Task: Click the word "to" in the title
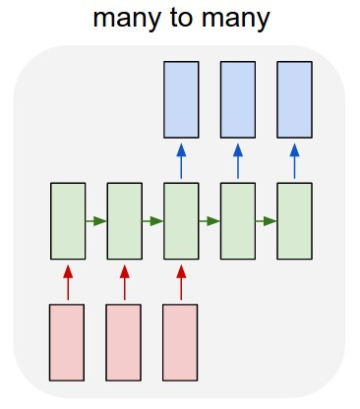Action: [x=182, y=18]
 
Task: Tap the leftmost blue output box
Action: [x=181, y=99]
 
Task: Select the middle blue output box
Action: [x=238, y=99]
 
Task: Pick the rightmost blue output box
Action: [x=294, y=99]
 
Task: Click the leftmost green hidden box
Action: [x=68, y=221]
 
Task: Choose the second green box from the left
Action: [x=125, y=221]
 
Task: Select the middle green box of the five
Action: [x=181, y=221]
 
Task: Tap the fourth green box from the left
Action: [x=238, y=221]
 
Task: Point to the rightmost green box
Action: [x=294, y=221]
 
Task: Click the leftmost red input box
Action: [x=67, y=342]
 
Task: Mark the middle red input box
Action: [x=123, y=342]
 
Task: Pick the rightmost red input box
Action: [x=180, y=342]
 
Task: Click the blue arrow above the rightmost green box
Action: [x=294, y=161]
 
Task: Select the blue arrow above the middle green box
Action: [x=181, y=161]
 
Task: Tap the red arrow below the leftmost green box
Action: [x=68, y=282]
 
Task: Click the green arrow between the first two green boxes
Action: [x=96, y=221]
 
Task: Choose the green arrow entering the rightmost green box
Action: [x=266, y=221]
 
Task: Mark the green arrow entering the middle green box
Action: [x=152, y=221]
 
